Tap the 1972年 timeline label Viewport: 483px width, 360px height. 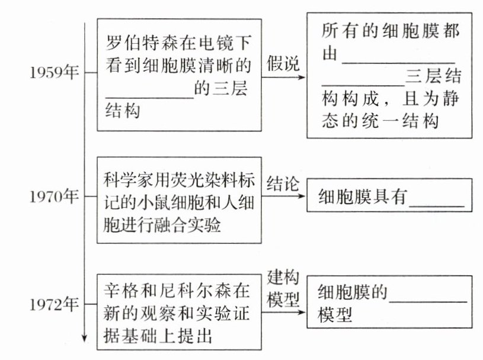(x=52, y=304)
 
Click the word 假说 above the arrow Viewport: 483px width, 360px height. (x=283, y=64)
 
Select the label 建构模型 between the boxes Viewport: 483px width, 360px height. (x=283, y=288)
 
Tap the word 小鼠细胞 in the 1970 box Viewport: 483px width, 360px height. (x=161, y=202)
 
